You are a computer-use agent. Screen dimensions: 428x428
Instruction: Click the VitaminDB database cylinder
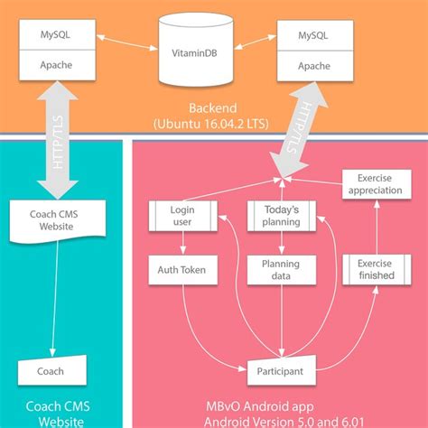196,49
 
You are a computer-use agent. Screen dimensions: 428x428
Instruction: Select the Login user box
183,216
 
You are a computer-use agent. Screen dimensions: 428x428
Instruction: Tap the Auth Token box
183,270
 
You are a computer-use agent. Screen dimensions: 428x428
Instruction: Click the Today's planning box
282,216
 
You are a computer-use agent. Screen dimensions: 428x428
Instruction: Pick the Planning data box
282,270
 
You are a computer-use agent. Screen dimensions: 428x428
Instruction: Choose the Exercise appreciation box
377,184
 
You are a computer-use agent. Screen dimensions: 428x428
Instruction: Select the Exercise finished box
377,269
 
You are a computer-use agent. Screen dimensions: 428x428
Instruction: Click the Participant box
282,370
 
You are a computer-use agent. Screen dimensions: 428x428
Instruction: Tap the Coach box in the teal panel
52,370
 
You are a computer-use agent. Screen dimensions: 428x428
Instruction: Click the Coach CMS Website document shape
58,220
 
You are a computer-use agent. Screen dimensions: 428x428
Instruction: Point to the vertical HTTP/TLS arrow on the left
58,140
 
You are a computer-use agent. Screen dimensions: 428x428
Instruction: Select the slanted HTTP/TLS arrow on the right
298,129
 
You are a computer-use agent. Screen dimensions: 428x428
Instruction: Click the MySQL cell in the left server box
58,34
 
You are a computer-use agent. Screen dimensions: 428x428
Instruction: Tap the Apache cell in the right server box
315,66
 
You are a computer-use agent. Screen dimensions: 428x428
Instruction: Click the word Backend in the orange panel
213,108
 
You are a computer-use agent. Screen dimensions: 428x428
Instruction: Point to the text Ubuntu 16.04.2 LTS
210,124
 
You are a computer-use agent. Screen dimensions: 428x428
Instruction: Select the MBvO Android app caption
260,406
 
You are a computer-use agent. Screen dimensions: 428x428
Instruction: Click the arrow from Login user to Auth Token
183,243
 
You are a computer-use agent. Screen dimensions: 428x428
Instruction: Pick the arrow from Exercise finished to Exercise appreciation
377,227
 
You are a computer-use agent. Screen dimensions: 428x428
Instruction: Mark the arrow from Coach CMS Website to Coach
55,299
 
